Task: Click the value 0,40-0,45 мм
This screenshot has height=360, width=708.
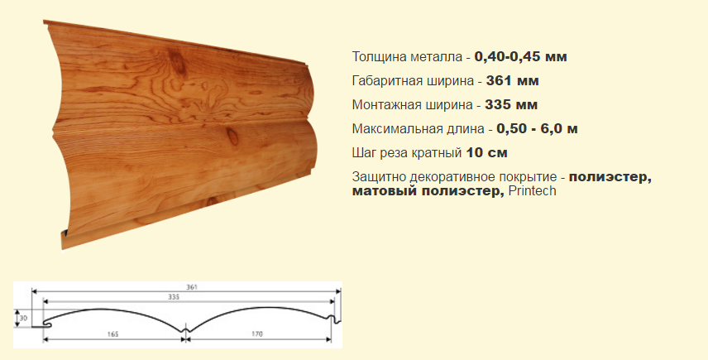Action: [520, 57]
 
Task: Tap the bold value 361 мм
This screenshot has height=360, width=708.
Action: [513, 81]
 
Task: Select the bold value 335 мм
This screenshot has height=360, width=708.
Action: [511, 105]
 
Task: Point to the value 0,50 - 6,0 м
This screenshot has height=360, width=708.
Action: [538, 129]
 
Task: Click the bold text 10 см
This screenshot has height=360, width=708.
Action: [486, 152]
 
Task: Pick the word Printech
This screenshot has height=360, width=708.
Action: [533, 191]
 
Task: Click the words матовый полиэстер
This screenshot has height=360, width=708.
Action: [428, 191]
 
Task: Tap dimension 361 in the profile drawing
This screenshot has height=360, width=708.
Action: [192, 287]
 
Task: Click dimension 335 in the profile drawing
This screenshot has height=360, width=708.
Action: [174, 297]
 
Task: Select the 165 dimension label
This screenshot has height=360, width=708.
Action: [112, 334]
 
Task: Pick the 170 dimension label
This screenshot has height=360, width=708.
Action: [257, 334]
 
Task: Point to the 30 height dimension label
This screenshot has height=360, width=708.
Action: [23, 319]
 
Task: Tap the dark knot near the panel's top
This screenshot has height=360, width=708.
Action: [177, 61]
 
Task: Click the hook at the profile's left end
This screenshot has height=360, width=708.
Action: [45, 324]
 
